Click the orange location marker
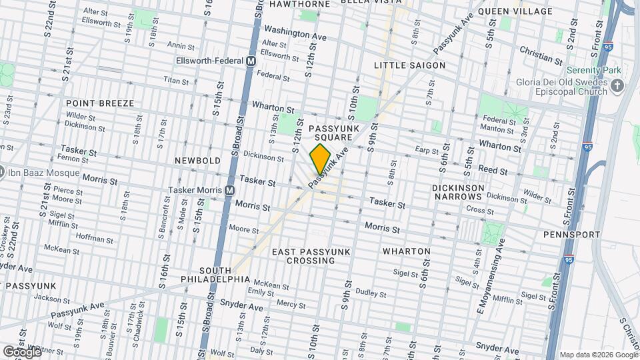pyautogui.click(x=321, y=159)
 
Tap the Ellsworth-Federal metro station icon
pyautogui.click(x=251, y=61)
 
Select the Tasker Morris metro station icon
pyautogui.click(x=229, y=190)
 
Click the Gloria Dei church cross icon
pyautogui.click(x=617, y=85)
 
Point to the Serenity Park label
pyautogui.click(x=593, y=70)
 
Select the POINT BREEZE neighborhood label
pyautogui.click(x=100, y=103)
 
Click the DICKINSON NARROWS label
pyautogui.click(x=458, y=192)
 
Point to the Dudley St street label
pyautogui.click(x=367, y=291)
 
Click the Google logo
pyautogui.click(x=21, y=351)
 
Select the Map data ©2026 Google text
pyautogui.click(x=598, y=355)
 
